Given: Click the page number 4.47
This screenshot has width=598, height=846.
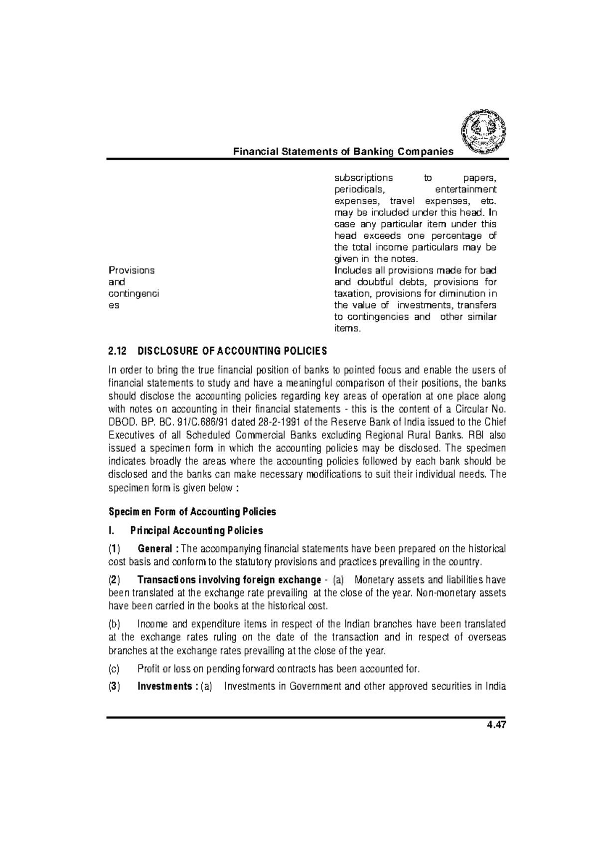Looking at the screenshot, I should tap(496, 725).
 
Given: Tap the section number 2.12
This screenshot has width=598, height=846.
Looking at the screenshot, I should tap(118, 351).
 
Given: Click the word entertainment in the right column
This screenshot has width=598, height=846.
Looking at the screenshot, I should tap(465, 190).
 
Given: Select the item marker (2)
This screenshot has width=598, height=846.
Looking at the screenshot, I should tap(114, 580).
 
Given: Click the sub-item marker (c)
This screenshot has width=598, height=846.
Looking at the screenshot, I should tap(114, 668).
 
